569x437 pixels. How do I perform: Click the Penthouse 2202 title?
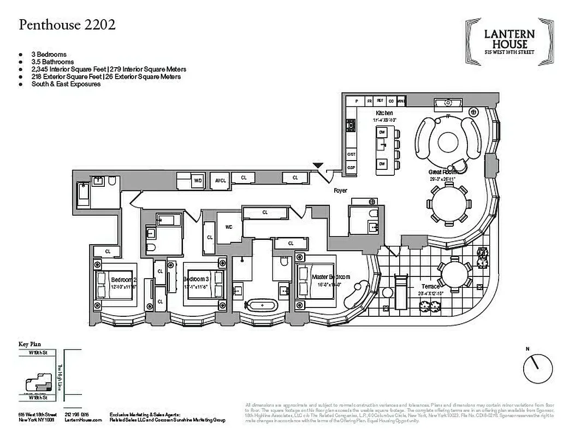click(x=67, y=25)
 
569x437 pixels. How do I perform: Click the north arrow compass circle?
click(x=537, y=369)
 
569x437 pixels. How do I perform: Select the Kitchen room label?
click(x=384, y=113)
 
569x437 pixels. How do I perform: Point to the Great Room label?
click(x=442, y=172)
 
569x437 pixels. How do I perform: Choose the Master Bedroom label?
click(x=331, y=277)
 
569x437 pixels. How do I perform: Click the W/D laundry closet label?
click(x=198, y=180)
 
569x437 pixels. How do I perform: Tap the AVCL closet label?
click(x=220, y=180)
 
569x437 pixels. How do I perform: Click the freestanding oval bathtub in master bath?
click(x=258, y=305)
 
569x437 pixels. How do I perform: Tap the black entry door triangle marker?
click(x=318, y=166)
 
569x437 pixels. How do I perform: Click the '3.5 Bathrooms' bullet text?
click(x=53, y=62)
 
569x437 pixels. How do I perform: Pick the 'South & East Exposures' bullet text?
click(x=66, y=84)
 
